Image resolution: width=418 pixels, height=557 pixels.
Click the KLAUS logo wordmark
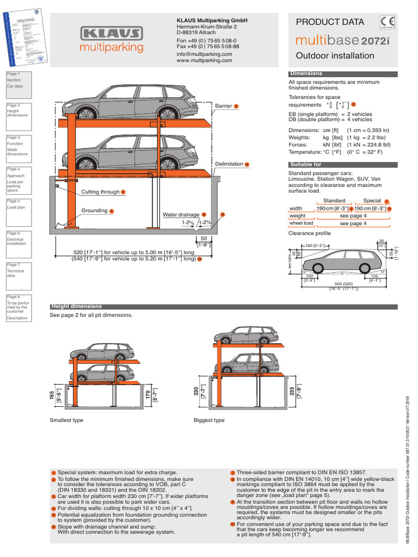click(x=112, y=34)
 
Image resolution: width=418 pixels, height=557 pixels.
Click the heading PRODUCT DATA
click(x=330, y=22)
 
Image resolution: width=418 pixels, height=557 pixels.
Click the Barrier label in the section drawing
click(x=224, y=106)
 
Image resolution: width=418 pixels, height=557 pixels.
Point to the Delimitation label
click(x=229, y=164)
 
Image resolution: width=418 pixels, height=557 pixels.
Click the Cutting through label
click(x=100, y=192)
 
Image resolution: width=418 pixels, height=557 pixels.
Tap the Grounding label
click(x=94, y=211)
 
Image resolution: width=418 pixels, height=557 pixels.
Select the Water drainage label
click(x=181, y=215)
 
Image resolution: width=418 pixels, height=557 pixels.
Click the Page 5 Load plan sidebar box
click(x=20, y=212)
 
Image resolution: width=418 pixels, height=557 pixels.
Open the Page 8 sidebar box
click(x=20, y=307)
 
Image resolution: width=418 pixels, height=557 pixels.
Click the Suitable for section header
click(x=305, y=164)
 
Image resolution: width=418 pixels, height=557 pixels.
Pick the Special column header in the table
click(x=372, y=201)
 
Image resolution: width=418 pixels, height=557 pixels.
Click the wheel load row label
click(x=301, y=223)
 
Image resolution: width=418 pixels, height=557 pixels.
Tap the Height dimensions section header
click(x=76, y=307)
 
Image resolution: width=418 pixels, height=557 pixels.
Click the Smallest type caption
click(x=66, y=420)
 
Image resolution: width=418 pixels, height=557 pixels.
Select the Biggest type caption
click(x=209, y=420)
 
